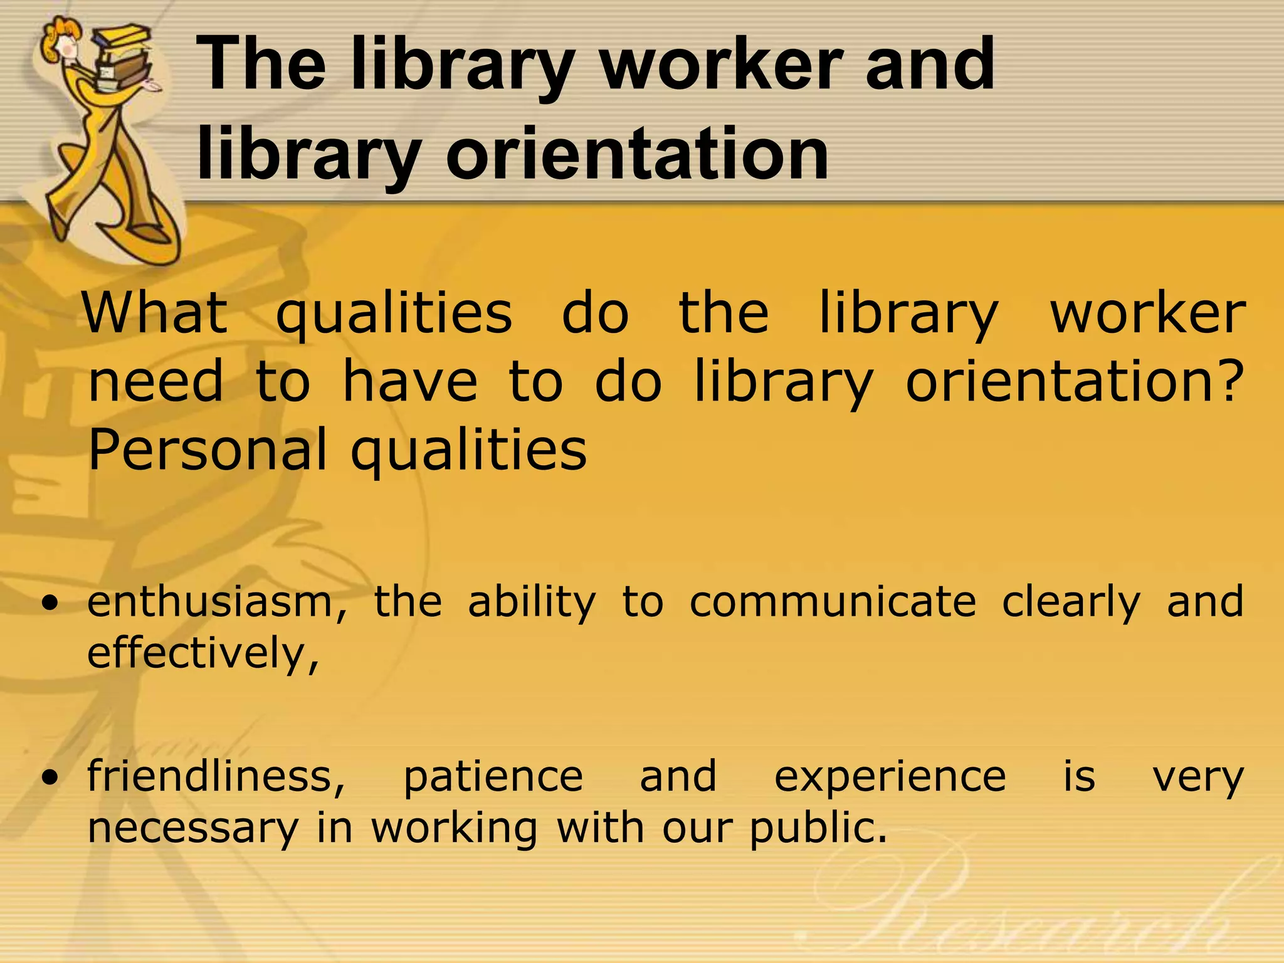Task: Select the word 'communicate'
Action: coord(833,602)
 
